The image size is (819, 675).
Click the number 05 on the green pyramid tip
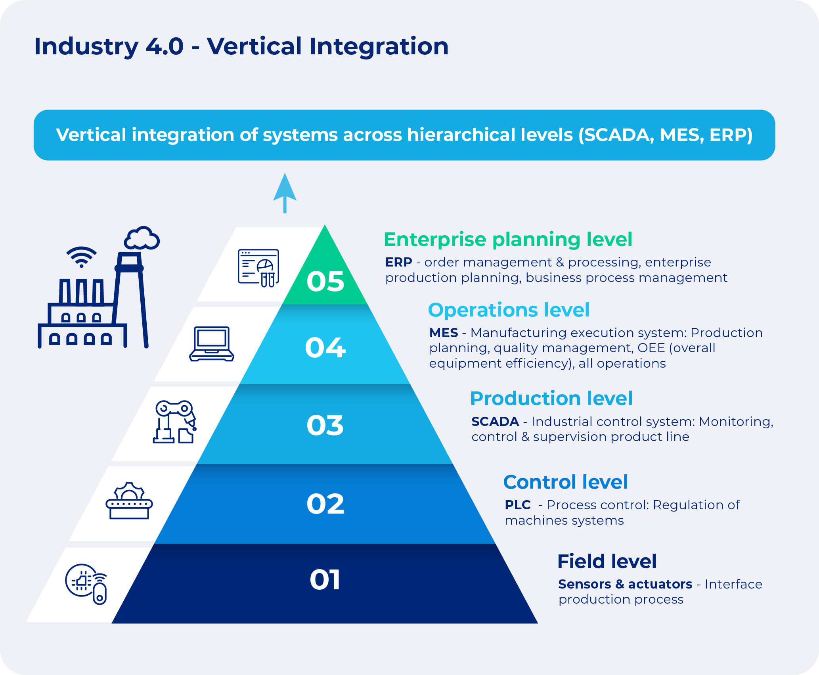[x=325, y=282]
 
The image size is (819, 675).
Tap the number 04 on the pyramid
[x=325, y=348]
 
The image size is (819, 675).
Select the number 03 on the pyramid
[x=325, y=426]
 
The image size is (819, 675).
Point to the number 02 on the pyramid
[x=325, y=504]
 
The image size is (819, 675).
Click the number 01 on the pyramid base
[x=325, y=580]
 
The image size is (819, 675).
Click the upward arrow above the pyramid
[x=285, y=193]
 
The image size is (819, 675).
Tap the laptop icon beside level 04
[x=212, y=344]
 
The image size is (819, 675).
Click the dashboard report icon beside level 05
[x=258, y=268]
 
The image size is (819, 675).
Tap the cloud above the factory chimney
[x=142, y=238]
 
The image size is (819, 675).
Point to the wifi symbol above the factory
[x=81, y=257]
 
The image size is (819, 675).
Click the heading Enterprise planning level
[x=508, y=240]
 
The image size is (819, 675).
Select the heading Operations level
[x=509, y=310]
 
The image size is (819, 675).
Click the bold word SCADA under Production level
[x=495, y=422]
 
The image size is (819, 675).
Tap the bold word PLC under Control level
[x=517, y=505]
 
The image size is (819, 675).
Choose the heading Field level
[x=607, y=561]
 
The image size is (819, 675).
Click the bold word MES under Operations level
[x=444, y=333]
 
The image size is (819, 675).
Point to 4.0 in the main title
[x=165, y=46]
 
